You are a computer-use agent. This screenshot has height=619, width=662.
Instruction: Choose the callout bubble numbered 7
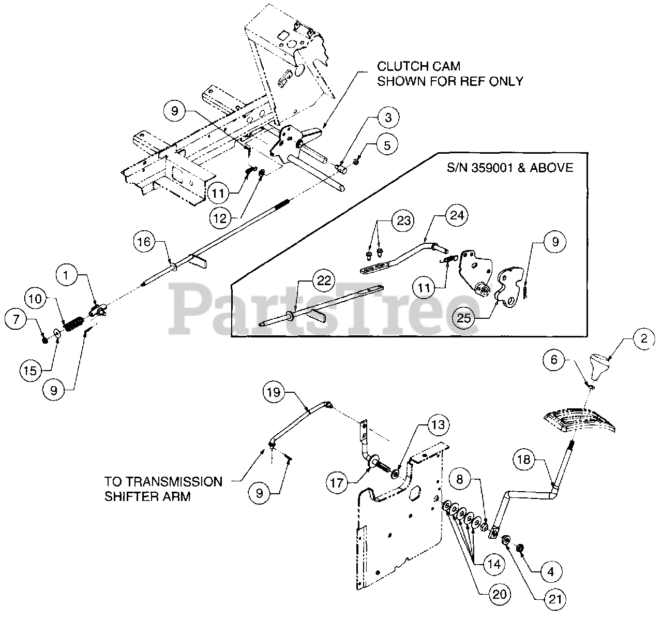point(17,319)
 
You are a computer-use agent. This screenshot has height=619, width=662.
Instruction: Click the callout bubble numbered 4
point(551,572)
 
